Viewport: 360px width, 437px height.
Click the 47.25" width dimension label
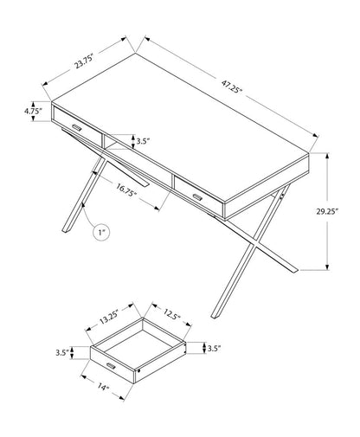(x=232, y=87)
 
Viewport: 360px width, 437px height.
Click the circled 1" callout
(x=101, y=231)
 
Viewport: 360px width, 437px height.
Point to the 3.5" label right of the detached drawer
(x=214, y=349)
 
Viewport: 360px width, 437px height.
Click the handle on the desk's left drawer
(x=77, y=127)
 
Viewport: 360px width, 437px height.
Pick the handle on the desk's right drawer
(x=197, y=196)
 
